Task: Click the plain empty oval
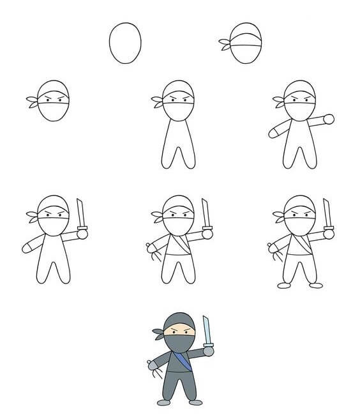coord(125,43)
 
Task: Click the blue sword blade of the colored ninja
coord(206,330)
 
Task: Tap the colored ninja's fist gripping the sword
coord(208,349)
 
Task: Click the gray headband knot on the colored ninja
coord(158,332)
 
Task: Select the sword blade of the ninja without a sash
coord(80,213)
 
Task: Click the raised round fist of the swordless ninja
coord(329,119)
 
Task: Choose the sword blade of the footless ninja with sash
coord(205,211)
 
